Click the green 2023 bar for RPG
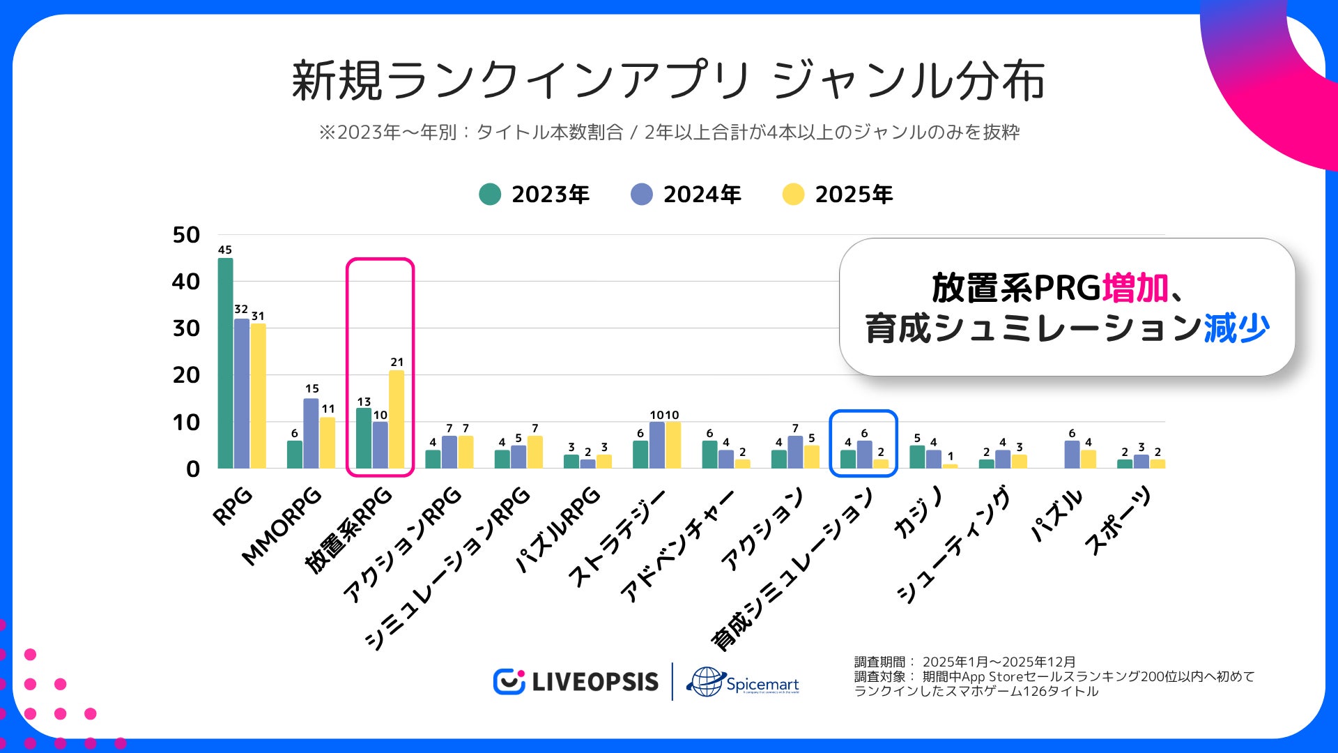click(x=225, y=363)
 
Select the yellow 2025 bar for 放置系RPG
click(x=397, y=418)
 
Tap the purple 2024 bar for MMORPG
click(x=311, y=433)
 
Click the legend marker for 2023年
click(x=490, y=195)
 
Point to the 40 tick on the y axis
click(x=185, y=282)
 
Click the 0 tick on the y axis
click(x=192, y=469)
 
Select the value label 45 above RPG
click(x=224, y=250)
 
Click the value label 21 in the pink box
click(x=397, y=362)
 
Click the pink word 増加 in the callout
click(x=1135, y=287)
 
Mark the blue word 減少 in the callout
click(x=1236, y=328)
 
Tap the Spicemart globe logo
click(x=706, y=681)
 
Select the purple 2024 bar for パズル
click(x=1072, y=454)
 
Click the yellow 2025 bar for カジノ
click(x=950, y=466)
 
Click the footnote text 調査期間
click(x=880, y=662)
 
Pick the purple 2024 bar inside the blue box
click(x=864, y=454)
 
